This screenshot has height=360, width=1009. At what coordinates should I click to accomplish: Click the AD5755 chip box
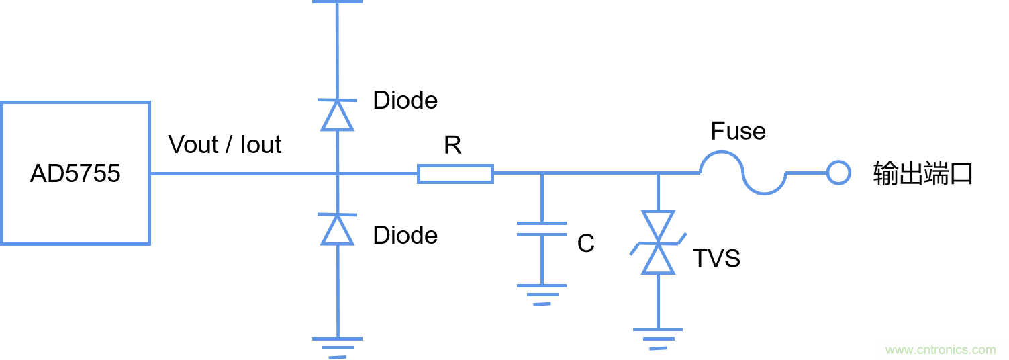75,173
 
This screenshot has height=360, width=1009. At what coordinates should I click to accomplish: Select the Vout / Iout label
225,144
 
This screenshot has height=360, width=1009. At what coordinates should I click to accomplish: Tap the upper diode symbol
337,115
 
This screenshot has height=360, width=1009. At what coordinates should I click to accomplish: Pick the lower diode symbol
337,229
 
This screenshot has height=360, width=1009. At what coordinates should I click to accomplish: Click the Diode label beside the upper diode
405,101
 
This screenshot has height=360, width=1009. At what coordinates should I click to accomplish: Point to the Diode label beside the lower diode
405,235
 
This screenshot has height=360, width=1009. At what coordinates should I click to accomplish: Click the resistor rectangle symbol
455,174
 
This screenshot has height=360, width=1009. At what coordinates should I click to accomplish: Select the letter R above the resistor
452,144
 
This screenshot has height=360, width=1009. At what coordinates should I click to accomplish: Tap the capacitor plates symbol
542,229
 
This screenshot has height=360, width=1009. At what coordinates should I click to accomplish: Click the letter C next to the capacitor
585,244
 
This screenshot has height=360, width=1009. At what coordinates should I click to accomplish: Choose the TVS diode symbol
658,242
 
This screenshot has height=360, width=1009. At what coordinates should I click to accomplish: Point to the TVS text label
716,259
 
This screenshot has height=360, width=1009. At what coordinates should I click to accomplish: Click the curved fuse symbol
743,173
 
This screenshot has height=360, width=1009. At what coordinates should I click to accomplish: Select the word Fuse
738,131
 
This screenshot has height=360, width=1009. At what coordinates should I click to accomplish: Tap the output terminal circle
838,173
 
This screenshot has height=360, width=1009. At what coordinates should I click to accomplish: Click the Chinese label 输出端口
922,174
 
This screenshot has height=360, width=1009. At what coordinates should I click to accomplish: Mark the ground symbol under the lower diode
337,346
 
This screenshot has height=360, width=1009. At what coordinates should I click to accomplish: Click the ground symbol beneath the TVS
658,338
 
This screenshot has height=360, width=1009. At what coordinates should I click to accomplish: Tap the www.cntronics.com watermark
940,350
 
